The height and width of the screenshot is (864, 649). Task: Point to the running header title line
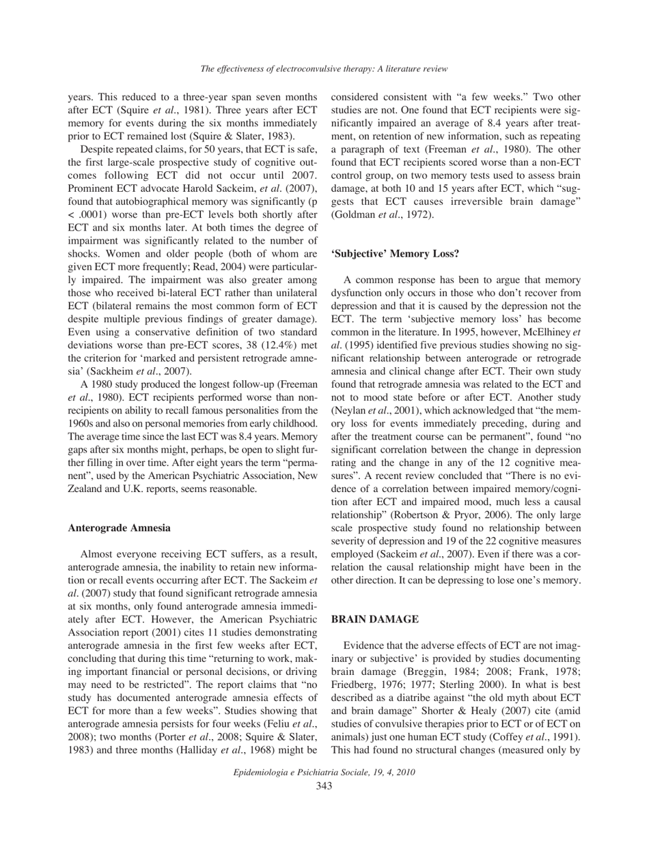click(x=324, y=69)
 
